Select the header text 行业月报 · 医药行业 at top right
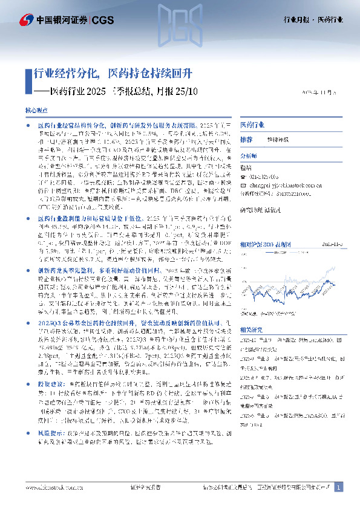pyautogui.click(x=313, y=19)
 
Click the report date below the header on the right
pyautogui.click(x=322, y=92)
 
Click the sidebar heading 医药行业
pyautogui.click(x=252, y=125)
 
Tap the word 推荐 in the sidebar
pyautogui.click(x=246, y=139)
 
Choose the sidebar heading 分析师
pyautogui.click(x=249, y=155)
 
